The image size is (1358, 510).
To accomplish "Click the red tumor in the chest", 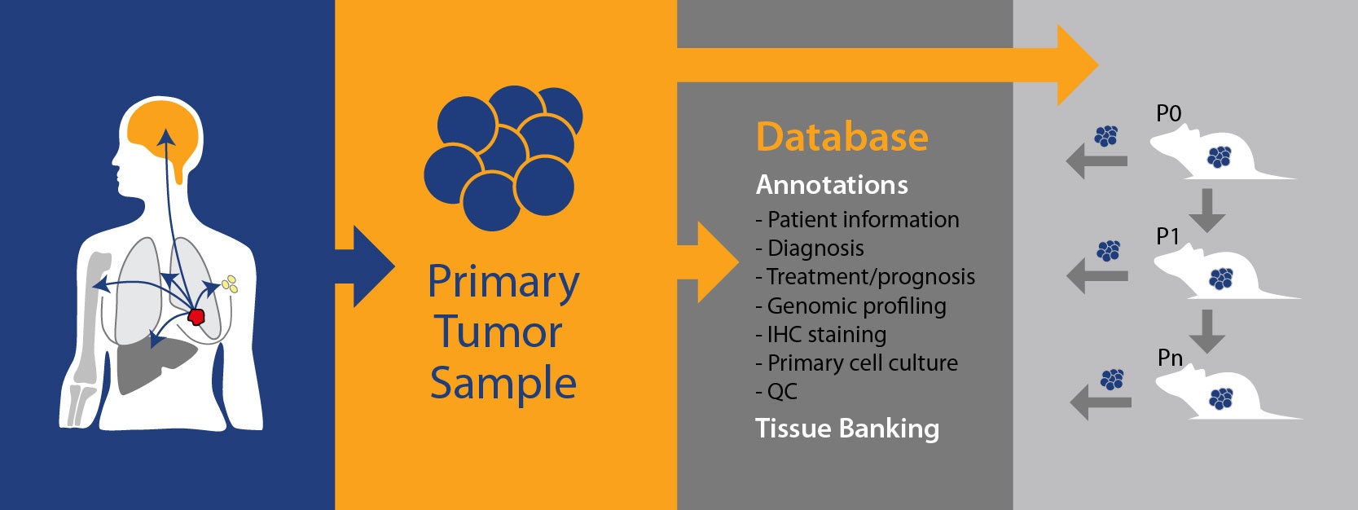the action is point(196,316).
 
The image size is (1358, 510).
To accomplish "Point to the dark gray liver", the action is point(155,364).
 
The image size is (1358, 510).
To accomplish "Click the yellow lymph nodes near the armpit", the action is point(230,284).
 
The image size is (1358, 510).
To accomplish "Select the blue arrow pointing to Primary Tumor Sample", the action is point(365,267).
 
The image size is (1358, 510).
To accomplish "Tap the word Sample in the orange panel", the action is point(503,384).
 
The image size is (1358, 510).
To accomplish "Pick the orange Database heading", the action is point(842,136).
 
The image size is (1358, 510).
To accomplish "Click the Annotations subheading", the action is point(832,185).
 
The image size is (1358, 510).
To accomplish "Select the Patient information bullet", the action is point(857,219).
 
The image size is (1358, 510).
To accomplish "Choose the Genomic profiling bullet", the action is point(850,306).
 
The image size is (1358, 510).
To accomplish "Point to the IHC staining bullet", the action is point(821,335).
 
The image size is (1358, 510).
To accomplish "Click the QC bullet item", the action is point(776,392).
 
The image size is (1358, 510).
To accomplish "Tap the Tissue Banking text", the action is point(847,429).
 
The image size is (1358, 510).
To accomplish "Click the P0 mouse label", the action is point(1168,113).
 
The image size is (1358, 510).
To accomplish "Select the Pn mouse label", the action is point(1170,358).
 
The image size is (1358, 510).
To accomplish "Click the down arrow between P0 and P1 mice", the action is point(1207,210).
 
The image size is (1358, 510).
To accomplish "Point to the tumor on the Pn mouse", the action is point(1221,399).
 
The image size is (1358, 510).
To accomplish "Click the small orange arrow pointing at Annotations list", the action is point(708,262).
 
